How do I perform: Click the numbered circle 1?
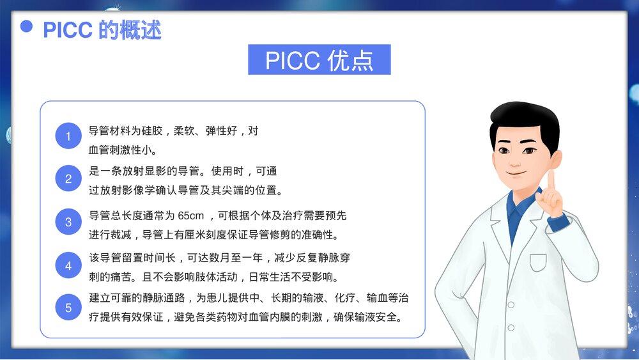coord(68,136)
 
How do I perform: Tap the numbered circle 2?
coord(68,179)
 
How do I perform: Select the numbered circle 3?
coord(68,223)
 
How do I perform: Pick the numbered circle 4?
coord(68,265)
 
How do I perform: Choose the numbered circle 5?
coord(68,308)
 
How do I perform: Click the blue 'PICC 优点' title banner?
coord(319,60)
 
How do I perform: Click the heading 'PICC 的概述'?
coord(102,29)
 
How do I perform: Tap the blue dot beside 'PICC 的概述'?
coord(27,26)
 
